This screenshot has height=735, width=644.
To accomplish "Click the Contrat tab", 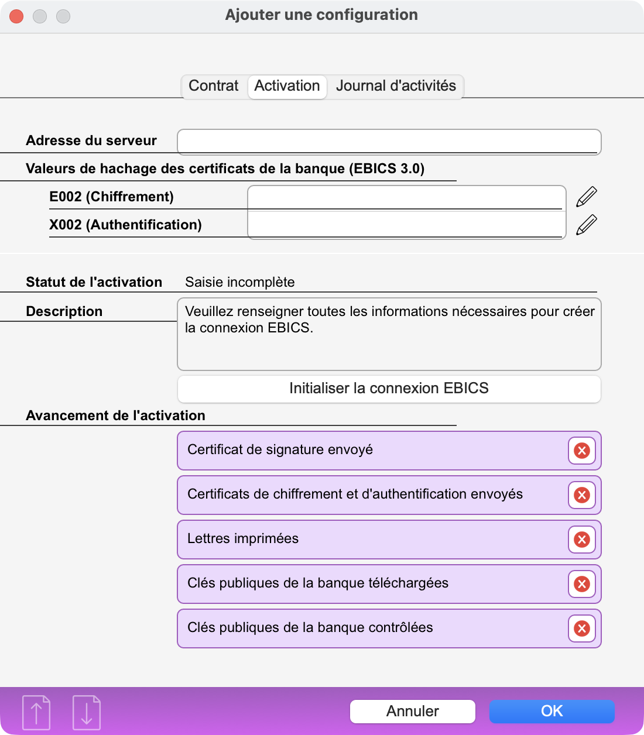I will [x=214, y=86].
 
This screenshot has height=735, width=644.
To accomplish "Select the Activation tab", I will [x=287, y=86].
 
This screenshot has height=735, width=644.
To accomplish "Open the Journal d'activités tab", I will [x=396, y=86].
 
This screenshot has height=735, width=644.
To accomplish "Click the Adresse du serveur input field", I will [x=389, y=142].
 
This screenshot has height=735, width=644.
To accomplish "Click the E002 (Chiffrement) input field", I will [x=406, y=198].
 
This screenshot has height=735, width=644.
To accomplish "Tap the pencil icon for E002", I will [x=586, y=197].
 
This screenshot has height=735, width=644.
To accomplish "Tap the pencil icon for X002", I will [x=586, y=225].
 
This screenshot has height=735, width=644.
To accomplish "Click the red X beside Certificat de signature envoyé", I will [x=581, y=451].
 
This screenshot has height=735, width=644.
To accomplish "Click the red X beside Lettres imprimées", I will [x=581, y=540].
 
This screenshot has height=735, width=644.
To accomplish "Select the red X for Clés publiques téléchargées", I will [x=581, y=584].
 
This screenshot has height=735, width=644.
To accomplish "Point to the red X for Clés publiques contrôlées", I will [x=581, y=628].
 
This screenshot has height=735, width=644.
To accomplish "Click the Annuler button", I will [x=412, y=711].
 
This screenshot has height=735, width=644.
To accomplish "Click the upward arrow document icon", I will [x=36, y=713].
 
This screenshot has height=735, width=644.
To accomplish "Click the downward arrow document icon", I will [x=87, y=713].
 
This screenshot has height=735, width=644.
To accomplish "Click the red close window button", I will [x=16, y=16].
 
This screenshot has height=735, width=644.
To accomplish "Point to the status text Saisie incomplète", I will [x=239, y=282].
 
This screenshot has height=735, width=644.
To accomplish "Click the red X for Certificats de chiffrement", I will [x=581, y=495].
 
